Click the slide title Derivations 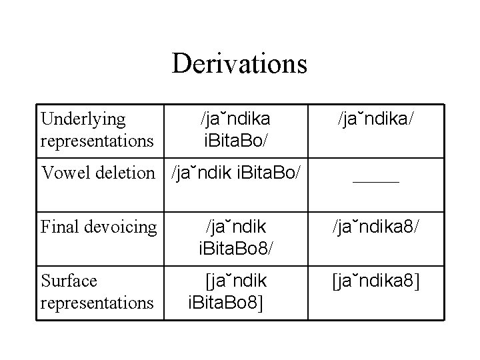tap(239, 64)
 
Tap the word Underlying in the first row tap(83, 119)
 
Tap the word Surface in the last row tap(69, 281)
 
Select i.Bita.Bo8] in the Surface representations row tap(227, 303)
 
